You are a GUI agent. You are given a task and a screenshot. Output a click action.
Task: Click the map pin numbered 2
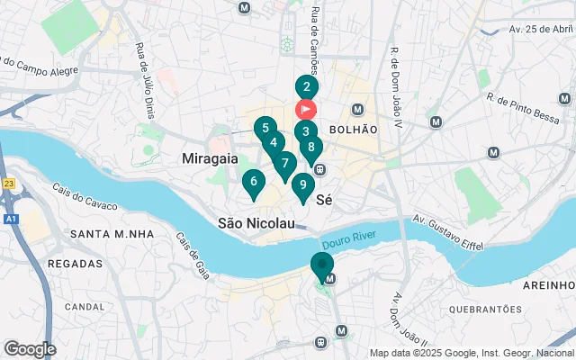(x=306, y=88)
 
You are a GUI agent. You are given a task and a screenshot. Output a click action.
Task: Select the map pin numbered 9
(x=302, y=186)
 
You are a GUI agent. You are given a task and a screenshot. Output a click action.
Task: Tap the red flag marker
(x=306, y=110)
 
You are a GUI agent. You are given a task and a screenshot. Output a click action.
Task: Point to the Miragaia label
(x=210, y=158)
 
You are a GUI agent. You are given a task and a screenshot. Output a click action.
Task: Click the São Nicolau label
(x=256, y=222)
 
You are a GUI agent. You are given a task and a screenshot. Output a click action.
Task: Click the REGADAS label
(x=73, y=264)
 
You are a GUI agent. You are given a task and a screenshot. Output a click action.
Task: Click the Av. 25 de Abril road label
(x=541, y=29)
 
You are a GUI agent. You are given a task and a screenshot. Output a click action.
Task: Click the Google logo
(x=30, y=348)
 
